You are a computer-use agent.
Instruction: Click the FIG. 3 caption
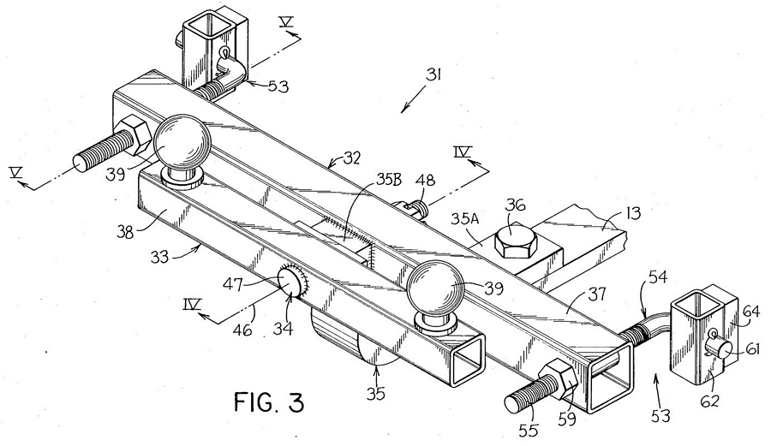(x=269, y=402)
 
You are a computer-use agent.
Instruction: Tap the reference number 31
(x=433, y=75)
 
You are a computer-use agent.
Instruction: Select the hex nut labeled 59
(x=560, y=379)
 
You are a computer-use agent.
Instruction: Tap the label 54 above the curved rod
(x=658, y=277)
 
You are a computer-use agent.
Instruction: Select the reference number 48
(x=426, y=181)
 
